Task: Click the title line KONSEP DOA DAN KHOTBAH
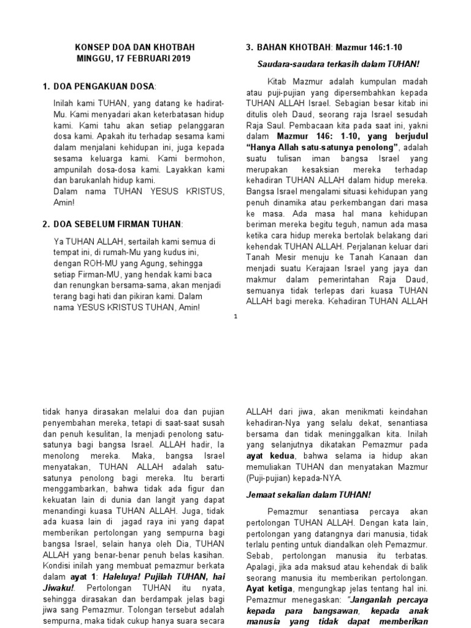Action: pos(132,47)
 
